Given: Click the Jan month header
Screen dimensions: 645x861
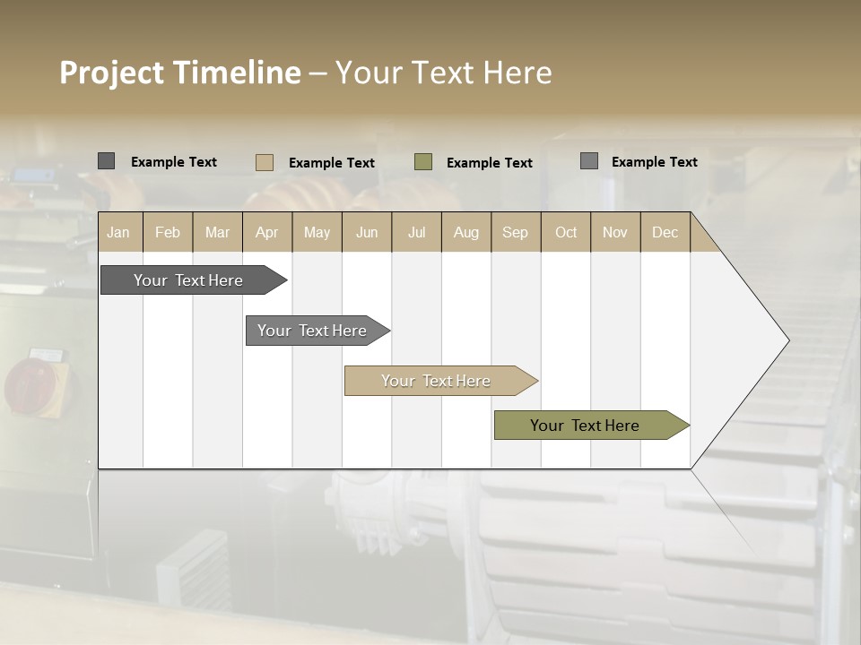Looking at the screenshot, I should pyautogui.click(x=119, y=233).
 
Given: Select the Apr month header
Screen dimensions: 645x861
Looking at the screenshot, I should pyautogui.click(x=267, y=233).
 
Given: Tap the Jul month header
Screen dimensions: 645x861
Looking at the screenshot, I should pyautogui.click(x=416, y=233).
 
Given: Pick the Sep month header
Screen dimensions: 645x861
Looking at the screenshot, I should pyautogui.click(x=515, y=233).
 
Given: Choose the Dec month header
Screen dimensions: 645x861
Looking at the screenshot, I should pyautogui.click(x=665, y=233).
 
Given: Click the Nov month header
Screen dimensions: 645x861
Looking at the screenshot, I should pyautogui.click(x=614, y=233).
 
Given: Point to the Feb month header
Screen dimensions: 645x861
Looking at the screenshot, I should pyautogui.click(x=168, y=233).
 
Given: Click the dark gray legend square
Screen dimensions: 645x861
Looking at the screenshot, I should pyautogui.click(x=106, y=161).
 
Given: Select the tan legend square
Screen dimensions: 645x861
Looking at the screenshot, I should pyautogui.click(x=265, y=162).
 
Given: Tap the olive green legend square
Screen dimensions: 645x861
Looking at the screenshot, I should pyautogui.click(x=423, y=162).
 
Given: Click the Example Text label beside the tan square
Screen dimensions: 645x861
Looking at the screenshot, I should pyautogui.click(x=331, y=163).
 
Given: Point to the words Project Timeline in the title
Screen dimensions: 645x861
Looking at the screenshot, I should pyautogui.click(x=179, y=73).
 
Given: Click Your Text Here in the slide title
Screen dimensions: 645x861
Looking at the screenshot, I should pyautogui.click(x=443, y=73).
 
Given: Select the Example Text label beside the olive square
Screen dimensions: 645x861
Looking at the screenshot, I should pyautogui.click(x=489, y=163).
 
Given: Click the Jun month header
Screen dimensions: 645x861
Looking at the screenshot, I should pyautogui.click(x=367, y=233).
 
